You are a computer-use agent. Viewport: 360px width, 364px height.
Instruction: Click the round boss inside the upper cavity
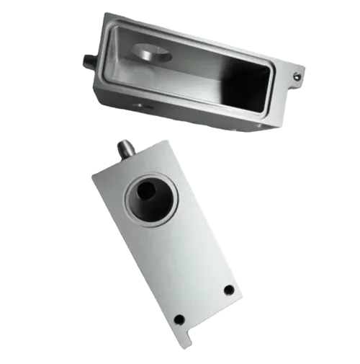click(x=153, y=53)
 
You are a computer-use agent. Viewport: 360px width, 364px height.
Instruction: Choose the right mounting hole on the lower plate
click(x=229, y=290)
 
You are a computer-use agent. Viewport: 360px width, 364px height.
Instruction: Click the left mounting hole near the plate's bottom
click(x=180, y=319)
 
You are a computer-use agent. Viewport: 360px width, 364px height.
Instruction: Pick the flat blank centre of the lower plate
click(x=184, y=252)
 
